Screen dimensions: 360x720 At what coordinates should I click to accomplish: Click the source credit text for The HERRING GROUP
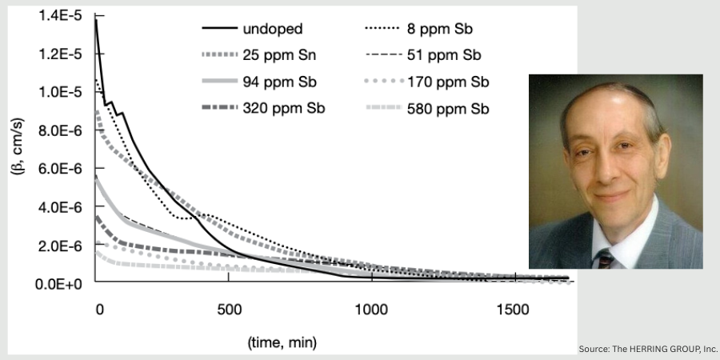647,350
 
